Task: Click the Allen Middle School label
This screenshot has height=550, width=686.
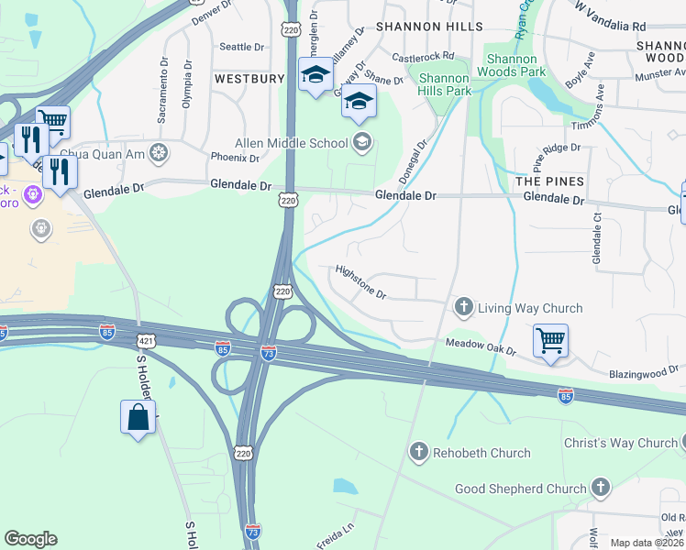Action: coord(292,143)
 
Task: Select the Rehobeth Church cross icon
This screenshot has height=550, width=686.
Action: coord(419,451)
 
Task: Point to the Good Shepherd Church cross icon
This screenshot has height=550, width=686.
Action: coord(601,487)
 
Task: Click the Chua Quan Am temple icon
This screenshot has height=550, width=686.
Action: coord(160,152)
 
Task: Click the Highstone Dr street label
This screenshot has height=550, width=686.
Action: coord(361,282)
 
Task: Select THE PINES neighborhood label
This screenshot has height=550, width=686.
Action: coord(549,181)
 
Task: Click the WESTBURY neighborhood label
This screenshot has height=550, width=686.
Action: coord(249,79)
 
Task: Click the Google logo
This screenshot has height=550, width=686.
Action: coord(30,539)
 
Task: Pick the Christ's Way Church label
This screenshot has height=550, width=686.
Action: coord(619,444)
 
